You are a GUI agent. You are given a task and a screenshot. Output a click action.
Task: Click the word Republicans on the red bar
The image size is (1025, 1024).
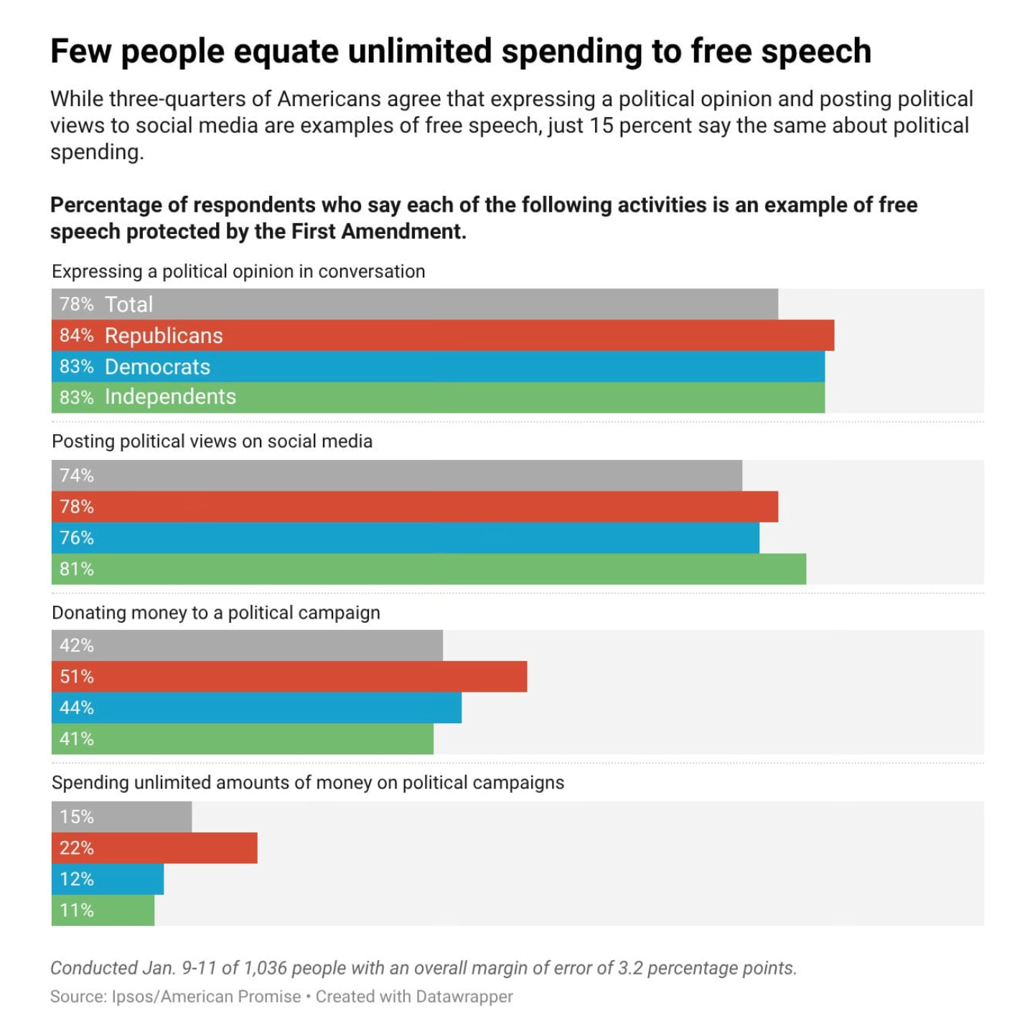pyautogui.click(x=164, y=336)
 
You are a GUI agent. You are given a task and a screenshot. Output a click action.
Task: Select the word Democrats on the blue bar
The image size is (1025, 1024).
pyautogui.click(x=157, y=367)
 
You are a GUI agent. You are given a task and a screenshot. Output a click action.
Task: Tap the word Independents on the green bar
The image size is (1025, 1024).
pyautogui.click(x=170, y=397)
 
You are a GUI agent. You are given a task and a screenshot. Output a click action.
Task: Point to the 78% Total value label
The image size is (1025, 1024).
pyautogui.click(x=77, y=304)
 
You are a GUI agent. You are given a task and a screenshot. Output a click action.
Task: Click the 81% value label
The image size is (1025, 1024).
pyautogui.click(x=77, y=569)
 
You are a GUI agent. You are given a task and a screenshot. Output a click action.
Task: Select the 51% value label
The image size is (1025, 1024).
pyautogui.click(x=77, y=677)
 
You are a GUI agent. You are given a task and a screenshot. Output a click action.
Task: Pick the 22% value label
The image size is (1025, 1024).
pyautogui.click(x=77, y=848)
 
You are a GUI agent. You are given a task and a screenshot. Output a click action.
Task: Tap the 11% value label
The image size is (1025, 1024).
pyautogui.click(x=77, y=911)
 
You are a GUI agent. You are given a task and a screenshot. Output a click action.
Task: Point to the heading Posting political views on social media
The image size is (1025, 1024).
pyautogui.click(x=212, y=441)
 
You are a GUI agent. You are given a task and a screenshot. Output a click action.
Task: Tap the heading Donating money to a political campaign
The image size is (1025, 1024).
pyautogui.click(x=215, y=613)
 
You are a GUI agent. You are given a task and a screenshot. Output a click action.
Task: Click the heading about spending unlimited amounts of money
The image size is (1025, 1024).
pyautogui.click(x=307, y=783)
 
